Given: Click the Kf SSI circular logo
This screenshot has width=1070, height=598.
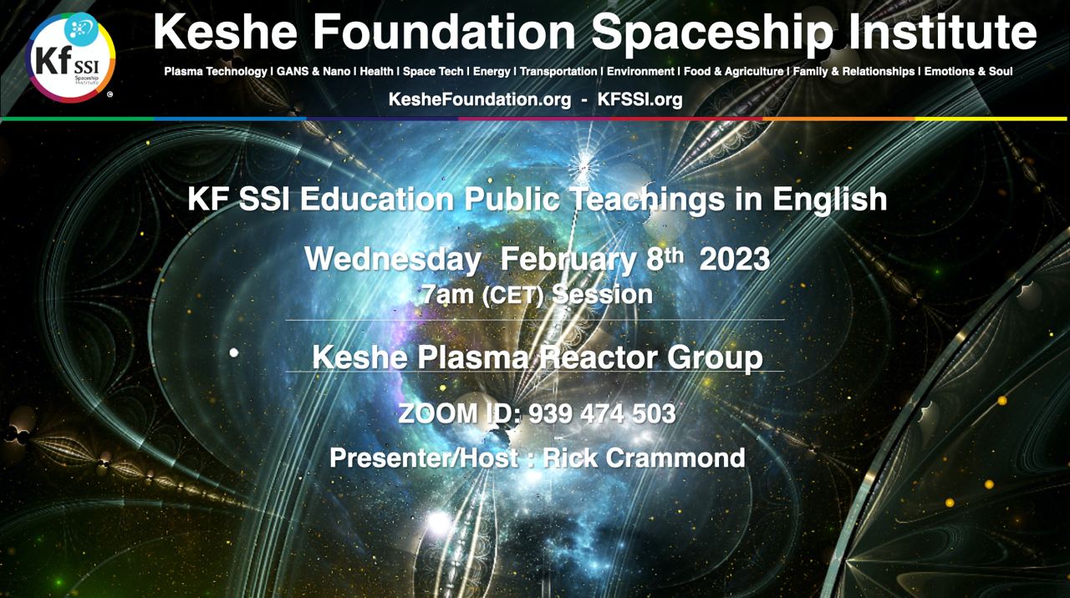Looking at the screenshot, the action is pyautogui.click(x=70, y=58).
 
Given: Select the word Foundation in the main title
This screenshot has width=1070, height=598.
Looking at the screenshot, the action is pyautogui.click(x=444, y=32).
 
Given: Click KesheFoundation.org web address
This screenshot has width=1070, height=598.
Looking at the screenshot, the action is pyautogui.click(x=480, y=99).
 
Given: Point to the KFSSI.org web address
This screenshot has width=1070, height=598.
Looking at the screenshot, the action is pyautogui.click(x=640, y=99).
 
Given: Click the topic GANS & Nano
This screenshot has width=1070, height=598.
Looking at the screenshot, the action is pyautogui.click(x=313, y=72).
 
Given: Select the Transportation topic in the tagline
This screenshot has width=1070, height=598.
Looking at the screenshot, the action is pyautogui.click(x=558, y=72).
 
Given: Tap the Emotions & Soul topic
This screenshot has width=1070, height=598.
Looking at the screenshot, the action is pyautogui.click(x=968, y=72).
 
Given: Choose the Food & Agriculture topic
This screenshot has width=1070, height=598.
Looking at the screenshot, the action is pyautogui.click(x=734, y=72).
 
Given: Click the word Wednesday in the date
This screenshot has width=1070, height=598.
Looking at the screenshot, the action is pyautogui.click(x=393, y=260).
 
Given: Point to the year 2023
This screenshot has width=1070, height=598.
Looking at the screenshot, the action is pyautogui.click(x=735, y=260).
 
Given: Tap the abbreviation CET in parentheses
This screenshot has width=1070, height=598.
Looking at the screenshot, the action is pyautogui.click(x=512, y=295).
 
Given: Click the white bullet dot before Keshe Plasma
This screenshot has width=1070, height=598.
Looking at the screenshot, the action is pyautogui.click(x=234, y=353).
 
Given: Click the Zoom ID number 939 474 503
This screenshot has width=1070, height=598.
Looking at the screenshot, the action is pyautogui.click(x=602, y=413).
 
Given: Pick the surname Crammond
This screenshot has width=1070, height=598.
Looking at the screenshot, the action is pyautogui.click(x=675, y=458).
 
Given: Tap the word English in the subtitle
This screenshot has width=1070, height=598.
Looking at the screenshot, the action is pyautogui.click(x=830, y=200).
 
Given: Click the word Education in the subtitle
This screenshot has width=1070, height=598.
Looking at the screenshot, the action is pyautogui.click(x=377, y=199).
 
